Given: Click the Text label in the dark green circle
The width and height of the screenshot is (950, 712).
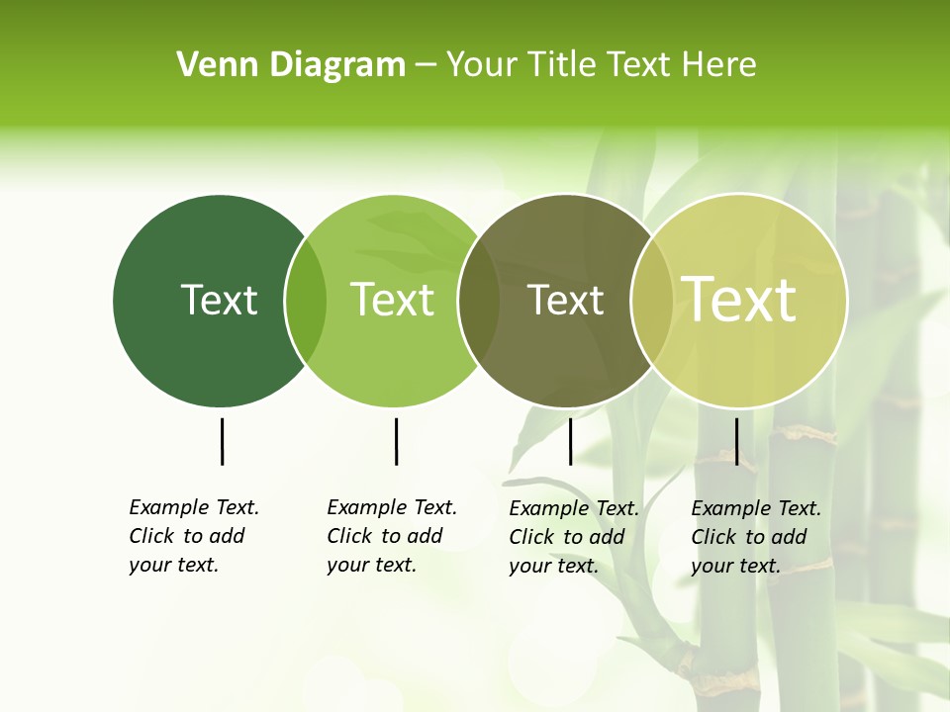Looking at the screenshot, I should click(219, 300).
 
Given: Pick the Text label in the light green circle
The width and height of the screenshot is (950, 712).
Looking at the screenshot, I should click(392, 300).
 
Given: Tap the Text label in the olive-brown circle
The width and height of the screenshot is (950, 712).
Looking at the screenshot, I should click(565, 300).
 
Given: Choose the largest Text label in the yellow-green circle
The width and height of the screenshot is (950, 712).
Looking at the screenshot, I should click(739, 299).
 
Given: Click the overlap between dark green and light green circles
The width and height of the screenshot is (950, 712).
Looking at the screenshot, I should click(306, 301).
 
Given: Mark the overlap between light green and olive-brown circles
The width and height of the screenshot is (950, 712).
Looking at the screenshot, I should click(479, 301).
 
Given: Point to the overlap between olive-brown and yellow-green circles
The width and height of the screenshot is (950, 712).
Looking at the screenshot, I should click(652, 301).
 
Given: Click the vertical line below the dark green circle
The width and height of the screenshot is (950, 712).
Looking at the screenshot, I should click(222, 441).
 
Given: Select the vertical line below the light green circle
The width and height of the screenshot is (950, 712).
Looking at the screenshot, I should click(396, 441).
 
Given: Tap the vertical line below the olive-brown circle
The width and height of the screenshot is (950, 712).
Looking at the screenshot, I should click(570, 441).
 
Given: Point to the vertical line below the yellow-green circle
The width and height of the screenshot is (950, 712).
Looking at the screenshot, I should click(736, 441).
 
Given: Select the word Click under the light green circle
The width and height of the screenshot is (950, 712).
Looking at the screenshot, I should click(349, 536).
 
